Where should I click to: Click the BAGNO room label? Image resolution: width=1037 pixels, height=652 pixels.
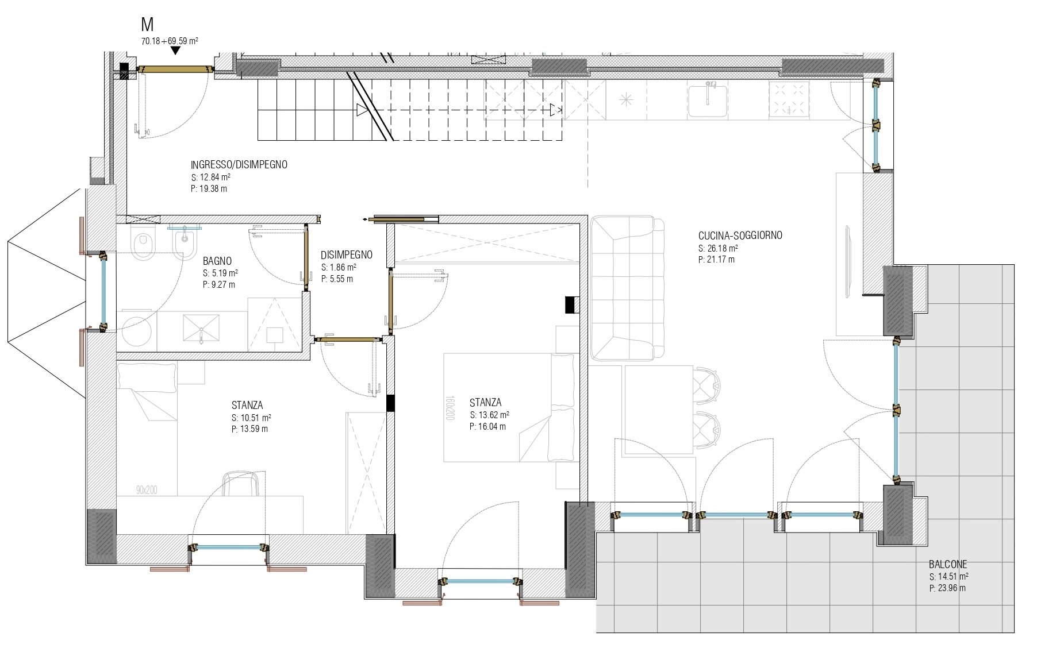point(217,261)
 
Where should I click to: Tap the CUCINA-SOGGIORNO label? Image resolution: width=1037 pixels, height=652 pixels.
point(740,236)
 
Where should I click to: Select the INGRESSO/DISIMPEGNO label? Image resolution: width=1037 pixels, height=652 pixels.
point(239,165)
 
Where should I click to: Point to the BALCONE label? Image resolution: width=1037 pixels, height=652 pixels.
point(948,565)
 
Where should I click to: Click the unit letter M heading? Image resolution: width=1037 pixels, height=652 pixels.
point(148,25)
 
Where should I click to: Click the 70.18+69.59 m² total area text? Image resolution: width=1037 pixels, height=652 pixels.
point(170,41)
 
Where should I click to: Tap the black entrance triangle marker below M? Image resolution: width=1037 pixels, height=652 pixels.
point(175,51)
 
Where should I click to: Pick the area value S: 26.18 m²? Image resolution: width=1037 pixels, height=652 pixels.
point(718,248)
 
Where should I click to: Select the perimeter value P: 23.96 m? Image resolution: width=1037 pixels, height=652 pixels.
point(947,588)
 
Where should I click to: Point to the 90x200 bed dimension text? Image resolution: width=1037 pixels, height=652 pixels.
point(147,490)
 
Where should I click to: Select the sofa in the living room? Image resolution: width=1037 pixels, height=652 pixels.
point(628,288)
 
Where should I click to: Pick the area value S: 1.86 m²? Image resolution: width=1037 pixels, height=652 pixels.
point(339,267)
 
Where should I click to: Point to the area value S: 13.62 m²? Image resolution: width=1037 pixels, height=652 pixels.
point(489,415)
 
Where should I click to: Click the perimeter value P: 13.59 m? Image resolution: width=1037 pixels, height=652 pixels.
point(249,429)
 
